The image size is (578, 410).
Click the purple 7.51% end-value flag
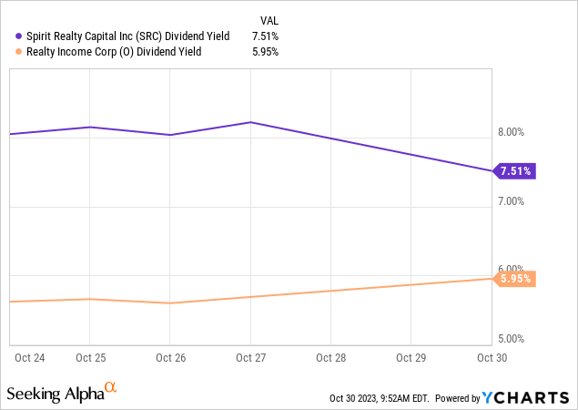[515, 170]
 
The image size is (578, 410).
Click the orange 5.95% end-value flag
[515, 279]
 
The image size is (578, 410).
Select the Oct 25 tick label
[89, 357]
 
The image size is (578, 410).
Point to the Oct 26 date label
[170, 357]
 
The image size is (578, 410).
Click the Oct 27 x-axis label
[250, 357]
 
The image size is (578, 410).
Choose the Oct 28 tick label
[330, 357]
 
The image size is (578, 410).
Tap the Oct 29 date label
[411, 357]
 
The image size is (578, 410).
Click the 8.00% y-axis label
[513, 132]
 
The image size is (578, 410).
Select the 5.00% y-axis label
[513, 338]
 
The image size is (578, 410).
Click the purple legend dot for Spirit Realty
[19, 36]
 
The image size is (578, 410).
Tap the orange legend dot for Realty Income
[19, 52]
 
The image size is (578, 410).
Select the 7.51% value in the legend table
[264, 36]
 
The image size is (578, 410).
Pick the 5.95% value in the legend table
[264, 52]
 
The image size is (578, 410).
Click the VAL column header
[269, 18]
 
